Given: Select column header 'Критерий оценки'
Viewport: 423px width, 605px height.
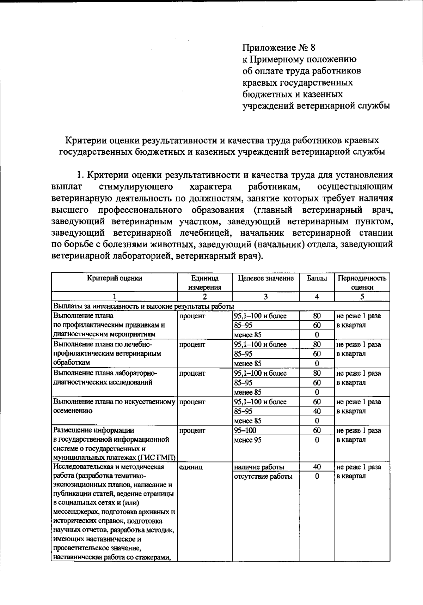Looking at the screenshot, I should pyautogui.click(x=115, y=278).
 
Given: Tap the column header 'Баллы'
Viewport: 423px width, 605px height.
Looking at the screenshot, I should pyautogui.click(x=317, y=278).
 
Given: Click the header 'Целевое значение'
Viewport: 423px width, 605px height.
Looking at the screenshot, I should pyautogui.click(x=266, y=278).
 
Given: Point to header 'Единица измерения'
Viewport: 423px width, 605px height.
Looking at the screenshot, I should pyautogui.click(x=204, y=283).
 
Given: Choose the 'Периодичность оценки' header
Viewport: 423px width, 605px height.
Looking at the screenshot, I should pyautogui.click(x=362, y=283).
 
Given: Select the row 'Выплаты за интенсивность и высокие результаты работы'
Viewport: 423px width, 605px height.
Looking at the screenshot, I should pyautogui.click(x=143, y=306).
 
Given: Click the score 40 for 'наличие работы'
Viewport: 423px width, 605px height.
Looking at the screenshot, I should pyautogui.click(x=317, y=467).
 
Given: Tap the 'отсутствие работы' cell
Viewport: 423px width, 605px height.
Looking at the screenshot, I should pyautogui.click(x=263, y=476).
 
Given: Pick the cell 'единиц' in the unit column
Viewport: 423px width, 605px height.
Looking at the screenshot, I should pyautogui.click(x=191, y=467).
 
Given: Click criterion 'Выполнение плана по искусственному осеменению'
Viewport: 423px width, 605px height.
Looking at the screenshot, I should pyautogui.click(x=114, y=406).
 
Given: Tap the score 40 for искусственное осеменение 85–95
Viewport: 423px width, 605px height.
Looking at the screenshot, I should pyautogui.click(x=317, y=411).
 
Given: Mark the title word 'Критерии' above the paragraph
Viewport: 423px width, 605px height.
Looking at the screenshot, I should pyautogui.click(x=84, y=140).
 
